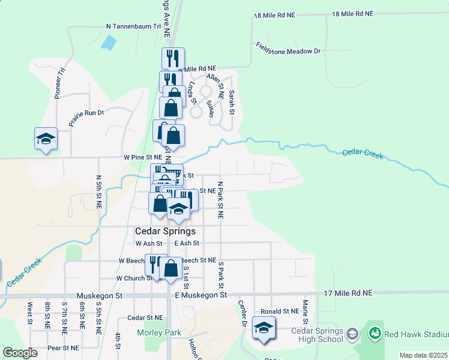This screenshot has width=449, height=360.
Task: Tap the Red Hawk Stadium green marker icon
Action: [375, 332]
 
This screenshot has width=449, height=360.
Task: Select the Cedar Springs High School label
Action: [317, 335]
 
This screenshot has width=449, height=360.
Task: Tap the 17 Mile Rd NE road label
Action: [348, 293]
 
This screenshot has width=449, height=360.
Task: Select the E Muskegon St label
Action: [200, 295]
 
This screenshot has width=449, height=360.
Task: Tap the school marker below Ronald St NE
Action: [263, 328]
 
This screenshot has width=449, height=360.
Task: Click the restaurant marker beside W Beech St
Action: [154, 263]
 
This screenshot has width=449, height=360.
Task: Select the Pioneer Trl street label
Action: [59, 83]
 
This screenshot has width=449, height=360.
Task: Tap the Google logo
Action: [20, 353]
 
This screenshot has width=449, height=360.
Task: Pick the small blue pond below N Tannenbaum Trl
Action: [109, 42]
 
